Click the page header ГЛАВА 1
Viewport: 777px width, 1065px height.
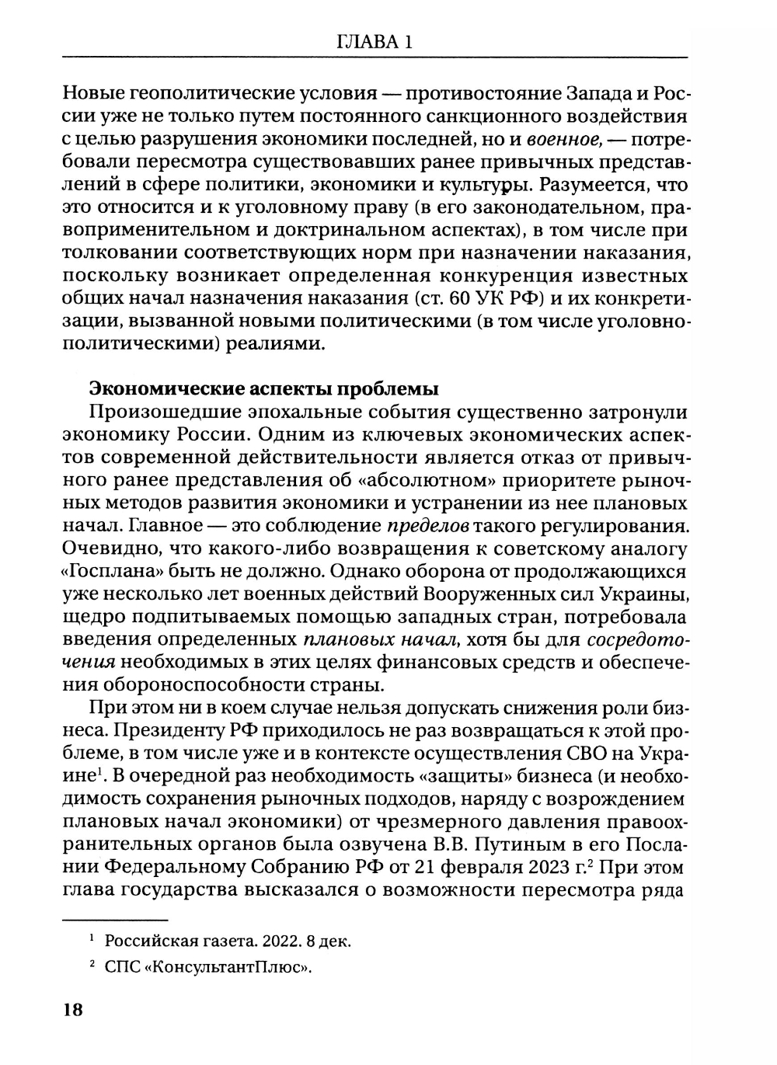click(x=375, y=42)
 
